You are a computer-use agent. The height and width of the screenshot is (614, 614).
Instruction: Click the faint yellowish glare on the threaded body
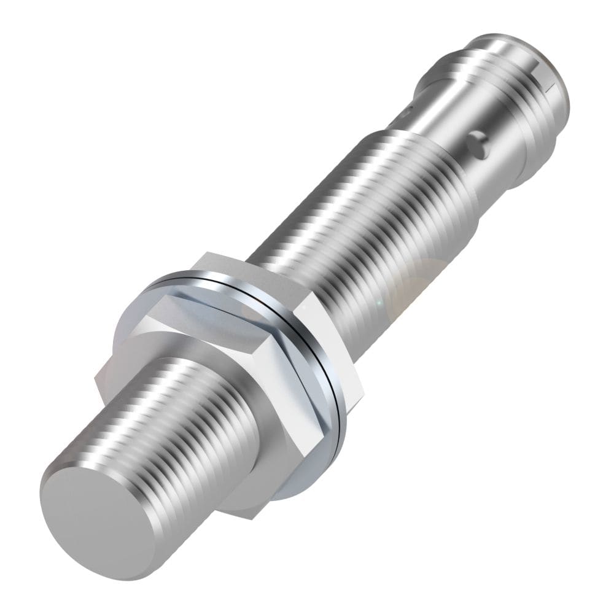[x=418, y=276]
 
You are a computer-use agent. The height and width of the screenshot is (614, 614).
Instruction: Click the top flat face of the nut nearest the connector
[x=252, y=267]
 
